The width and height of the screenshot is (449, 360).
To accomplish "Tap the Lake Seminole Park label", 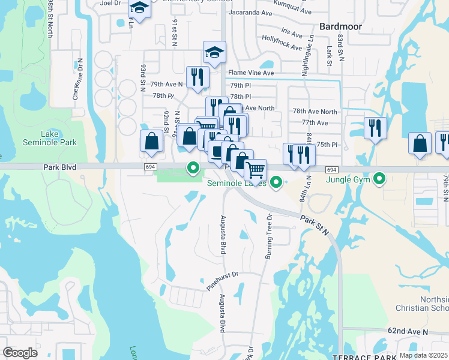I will click(x=58, y=138).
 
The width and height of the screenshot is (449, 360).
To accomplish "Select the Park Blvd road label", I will click(x=59, y=168).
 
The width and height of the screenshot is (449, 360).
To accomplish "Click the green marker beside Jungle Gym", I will click(x=379, y=179).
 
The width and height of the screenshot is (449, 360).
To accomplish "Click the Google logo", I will click(x=20, y=353).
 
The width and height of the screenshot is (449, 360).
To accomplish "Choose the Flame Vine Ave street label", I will click(x=250, y=73).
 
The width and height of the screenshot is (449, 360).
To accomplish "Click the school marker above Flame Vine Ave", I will click(x=214, y=52).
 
